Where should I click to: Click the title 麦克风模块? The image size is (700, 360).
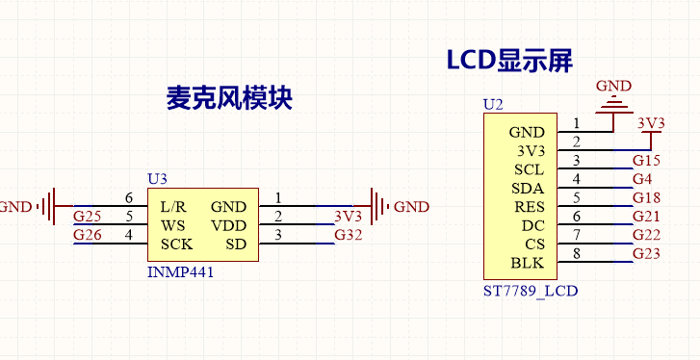pos(229,98)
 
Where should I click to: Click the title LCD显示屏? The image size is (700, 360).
pos(509,61)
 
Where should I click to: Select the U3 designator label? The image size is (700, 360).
pos(157,179)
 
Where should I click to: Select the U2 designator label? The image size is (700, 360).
pos(493,104)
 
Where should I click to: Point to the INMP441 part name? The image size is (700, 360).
pos(180,272)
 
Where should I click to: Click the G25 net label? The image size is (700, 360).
pos(87,217)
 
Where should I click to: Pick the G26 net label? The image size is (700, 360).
pos(87,235)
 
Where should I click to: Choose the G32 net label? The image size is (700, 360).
pos(349,235)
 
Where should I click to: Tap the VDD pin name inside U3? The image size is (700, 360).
pos(228,224)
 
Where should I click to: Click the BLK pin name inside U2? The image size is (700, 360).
pos(528,263)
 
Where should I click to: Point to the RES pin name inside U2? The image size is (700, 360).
pos(528,206)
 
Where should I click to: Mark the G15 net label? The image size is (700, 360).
pos(646,160)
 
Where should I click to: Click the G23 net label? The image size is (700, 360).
pos(646,254)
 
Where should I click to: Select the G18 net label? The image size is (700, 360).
pos(646,197)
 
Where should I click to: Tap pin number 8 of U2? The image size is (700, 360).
pos(577,253)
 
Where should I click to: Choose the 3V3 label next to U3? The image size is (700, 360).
pos(348,217)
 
